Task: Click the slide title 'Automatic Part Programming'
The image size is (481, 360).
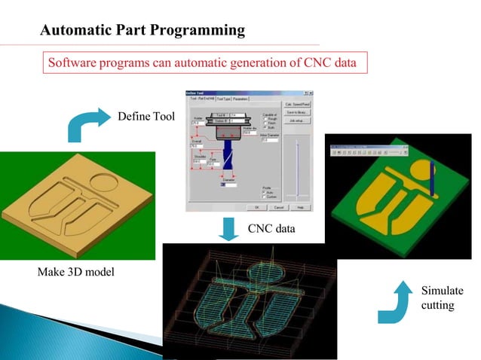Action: coord(142,31)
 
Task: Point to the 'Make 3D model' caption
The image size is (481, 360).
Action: coord(75,271)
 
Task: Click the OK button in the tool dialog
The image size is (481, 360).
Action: coord(257,206)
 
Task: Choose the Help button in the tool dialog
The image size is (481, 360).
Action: coord(300,206)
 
